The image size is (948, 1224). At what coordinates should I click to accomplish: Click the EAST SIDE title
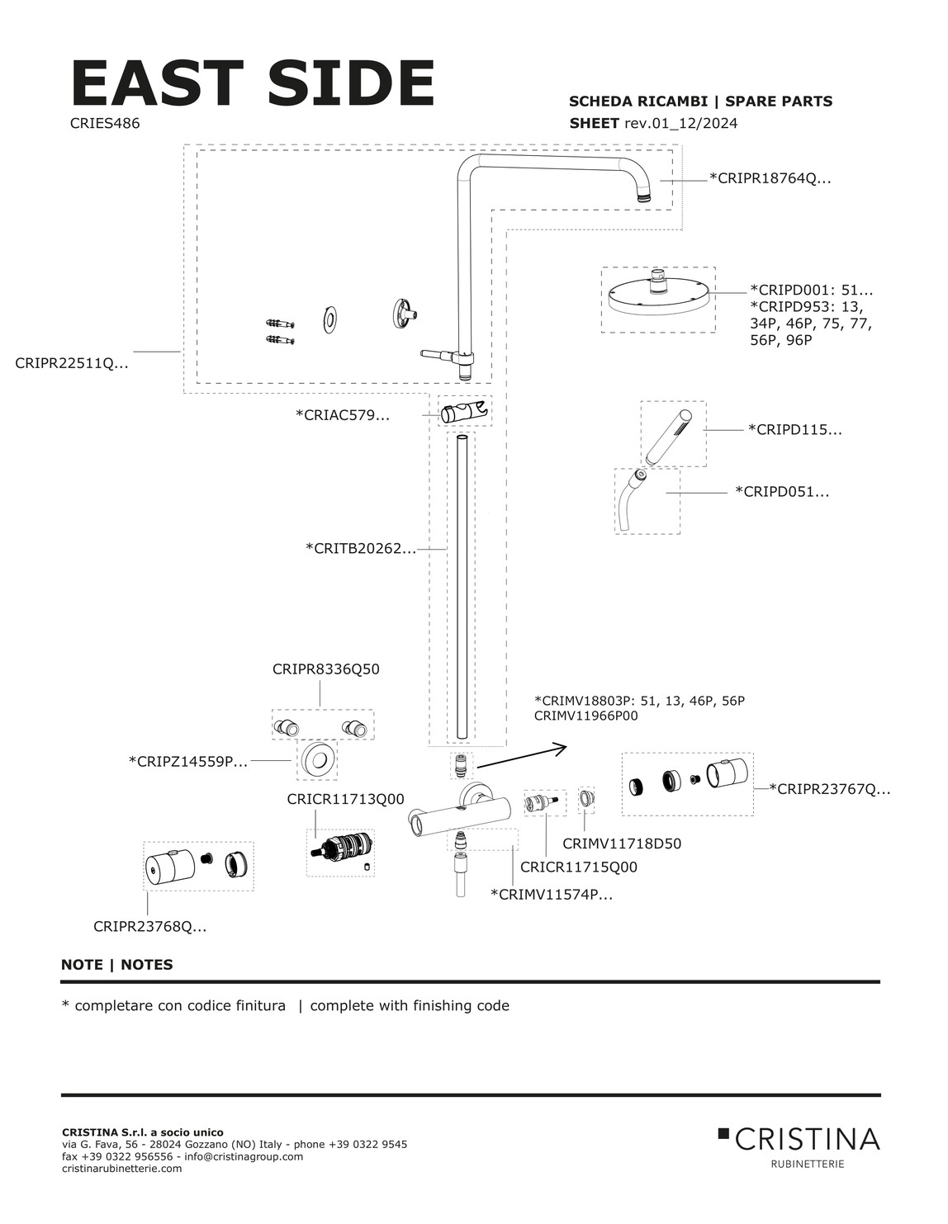(252, 83)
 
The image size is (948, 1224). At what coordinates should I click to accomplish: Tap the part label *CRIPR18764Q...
(770, 178)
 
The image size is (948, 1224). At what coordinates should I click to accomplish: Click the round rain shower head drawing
(658, 298)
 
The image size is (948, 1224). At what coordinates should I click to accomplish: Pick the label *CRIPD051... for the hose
(782, 492)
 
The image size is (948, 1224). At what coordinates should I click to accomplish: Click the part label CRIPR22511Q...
(71, 362)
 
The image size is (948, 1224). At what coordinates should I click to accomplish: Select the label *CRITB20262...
(361, 547)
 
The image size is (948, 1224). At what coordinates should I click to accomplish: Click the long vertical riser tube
(460, 589)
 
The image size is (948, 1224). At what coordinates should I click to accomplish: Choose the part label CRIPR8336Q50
(325, 669)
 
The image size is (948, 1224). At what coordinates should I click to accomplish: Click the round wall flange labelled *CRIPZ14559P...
(316, 760)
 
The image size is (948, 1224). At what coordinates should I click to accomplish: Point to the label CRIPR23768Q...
(149, 927)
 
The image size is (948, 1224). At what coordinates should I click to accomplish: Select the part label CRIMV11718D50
(622, 844)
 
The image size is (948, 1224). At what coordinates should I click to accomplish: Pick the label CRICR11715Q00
(578, 867)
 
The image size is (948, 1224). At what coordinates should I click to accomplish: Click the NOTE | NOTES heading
(116, 965)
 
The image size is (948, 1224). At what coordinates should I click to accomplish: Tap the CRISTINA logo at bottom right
(799, 1141)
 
